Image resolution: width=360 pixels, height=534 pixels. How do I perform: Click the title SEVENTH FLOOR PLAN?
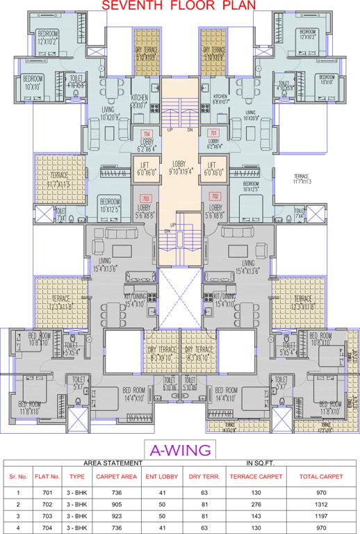coord(179,6)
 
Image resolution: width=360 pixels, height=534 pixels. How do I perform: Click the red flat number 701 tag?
coord(213,133)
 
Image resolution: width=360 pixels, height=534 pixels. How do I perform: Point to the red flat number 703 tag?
coord(146,197)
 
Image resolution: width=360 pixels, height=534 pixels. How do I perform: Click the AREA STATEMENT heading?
coord(113,462)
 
